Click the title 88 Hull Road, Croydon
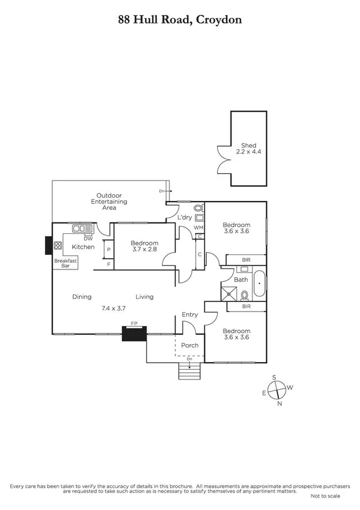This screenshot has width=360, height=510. point(180,19)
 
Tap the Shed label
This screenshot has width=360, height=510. point(248,145)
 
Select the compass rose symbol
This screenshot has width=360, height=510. point(275,390)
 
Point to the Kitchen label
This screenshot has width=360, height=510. point(83,247)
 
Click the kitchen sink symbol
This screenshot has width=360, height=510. point(81,228)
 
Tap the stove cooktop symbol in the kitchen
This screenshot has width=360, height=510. point(58,245)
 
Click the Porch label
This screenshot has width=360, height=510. point(189,345)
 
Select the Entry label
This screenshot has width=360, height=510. point(190,315)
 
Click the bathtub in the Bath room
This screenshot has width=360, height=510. point(259,284)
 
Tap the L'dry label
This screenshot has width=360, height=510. point(185,217)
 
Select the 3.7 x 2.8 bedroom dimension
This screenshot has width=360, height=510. point(144,253)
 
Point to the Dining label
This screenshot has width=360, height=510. point(82,296)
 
